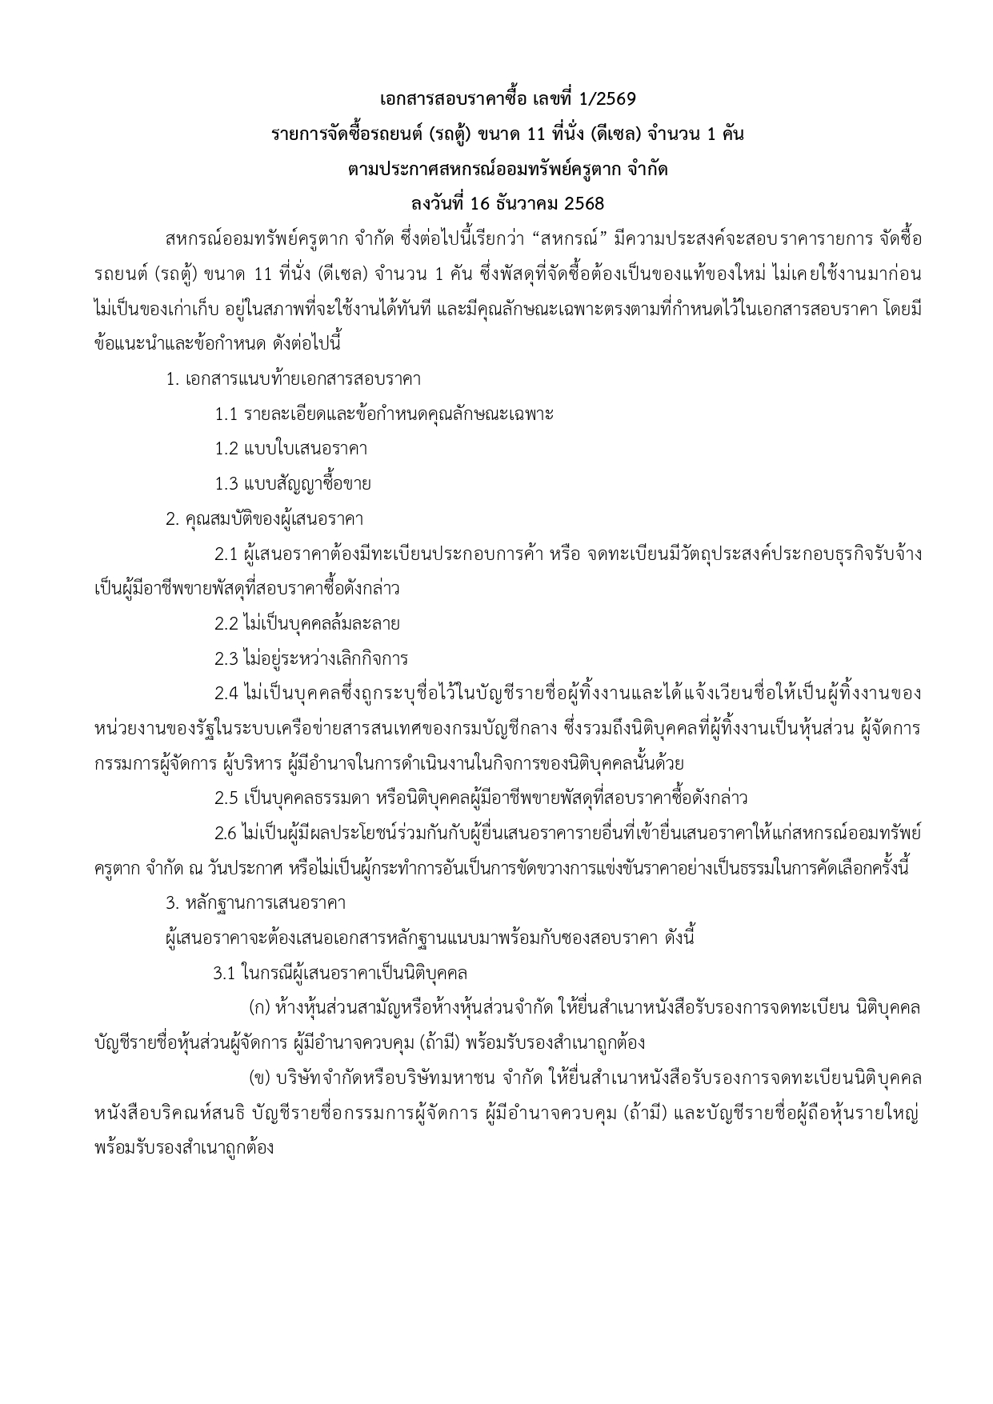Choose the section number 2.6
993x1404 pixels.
[x=226, y=833]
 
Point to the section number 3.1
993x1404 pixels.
[x=225, y=973]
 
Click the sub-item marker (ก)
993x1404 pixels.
[x=260, y=1007]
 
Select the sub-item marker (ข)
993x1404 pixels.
[x=261, y=1078]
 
